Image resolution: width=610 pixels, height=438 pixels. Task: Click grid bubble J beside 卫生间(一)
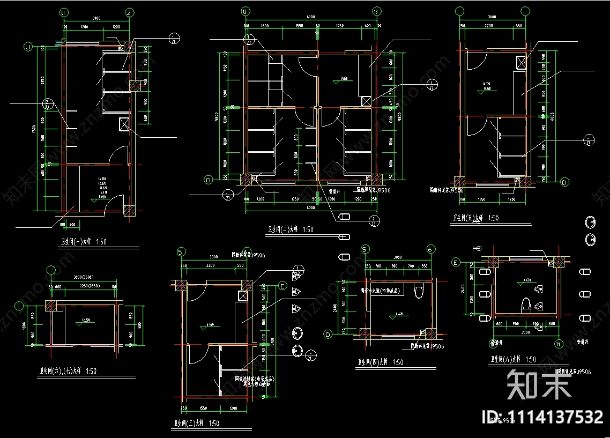[x=27, y=47]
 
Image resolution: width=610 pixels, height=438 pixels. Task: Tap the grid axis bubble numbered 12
[x=245, y=11]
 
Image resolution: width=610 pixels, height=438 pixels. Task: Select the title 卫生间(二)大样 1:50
[x=291, y=229]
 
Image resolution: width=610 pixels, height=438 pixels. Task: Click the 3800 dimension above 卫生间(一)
[x=96, y=18]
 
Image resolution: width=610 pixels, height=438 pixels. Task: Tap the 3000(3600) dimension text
[x=83, y=277]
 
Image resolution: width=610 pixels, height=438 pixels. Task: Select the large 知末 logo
[x=539, y=384]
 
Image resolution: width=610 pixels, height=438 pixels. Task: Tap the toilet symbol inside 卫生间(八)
[x=526, y=306]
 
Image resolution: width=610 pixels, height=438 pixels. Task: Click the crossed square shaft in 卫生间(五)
[x=519, y=62]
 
